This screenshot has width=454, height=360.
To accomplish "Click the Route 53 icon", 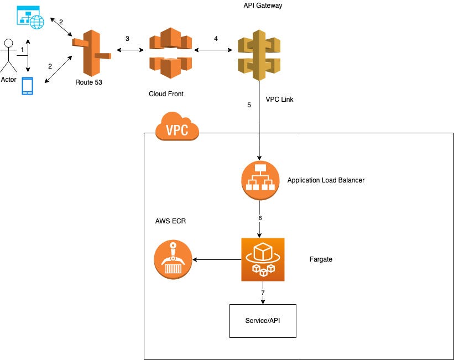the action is [91, 53].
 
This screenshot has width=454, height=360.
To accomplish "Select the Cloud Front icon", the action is [170, 53].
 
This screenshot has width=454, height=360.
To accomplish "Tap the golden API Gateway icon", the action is [259, 55].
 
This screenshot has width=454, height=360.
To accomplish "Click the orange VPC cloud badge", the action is [177, 126].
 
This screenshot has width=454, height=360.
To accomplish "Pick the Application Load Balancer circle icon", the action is [260, 180].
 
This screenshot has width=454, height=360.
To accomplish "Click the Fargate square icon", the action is [263, 259].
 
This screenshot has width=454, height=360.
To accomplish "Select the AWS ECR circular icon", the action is [173, 259].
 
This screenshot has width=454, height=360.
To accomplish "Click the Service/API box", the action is [263, 321].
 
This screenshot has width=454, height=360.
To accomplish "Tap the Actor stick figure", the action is [9, 56].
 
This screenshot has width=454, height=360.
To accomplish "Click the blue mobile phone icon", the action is [28, 86].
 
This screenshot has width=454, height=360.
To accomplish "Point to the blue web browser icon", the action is [30, 17].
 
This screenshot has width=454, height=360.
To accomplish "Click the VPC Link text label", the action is [279, 100].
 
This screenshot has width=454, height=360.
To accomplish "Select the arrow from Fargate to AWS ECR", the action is [217, 259].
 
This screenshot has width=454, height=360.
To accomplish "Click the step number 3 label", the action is [127, 39].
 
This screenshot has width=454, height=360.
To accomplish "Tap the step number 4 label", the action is [216, 39].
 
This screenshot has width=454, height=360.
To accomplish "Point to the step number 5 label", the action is [249, 105].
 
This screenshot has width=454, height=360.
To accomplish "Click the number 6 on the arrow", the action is [260, 218].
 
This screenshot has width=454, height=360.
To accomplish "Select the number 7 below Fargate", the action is [263, 293].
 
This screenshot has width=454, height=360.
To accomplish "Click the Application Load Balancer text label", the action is [326, 180].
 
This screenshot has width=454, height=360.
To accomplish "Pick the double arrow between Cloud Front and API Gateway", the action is [213, 50].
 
